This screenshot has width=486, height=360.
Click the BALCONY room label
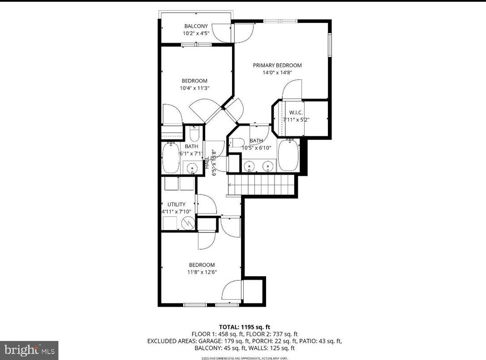pyautogui.click(x=196, y=26)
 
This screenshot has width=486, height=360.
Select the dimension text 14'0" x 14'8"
pyautogui.click(x=277, y=73)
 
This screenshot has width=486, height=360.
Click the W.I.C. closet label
pyautogui.click(x=296, y=112)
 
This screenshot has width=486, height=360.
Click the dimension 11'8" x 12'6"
pyautogui.click(x=202, y=272)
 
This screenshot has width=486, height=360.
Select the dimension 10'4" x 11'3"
pyautogui.click(x=194, y=88)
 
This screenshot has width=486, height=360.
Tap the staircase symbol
pyautogui.click(x=262, y=184)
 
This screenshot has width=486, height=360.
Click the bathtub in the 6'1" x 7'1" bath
pyautogui.click(x=171, y=158)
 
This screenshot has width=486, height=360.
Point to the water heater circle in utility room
pyautogui.click(x=189, y=222)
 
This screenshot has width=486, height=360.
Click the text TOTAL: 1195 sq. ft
pyautogui.click(x=244, y=327)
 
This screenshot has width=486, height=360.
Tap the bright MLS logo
pyautogui.click(x=29, y=350)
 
